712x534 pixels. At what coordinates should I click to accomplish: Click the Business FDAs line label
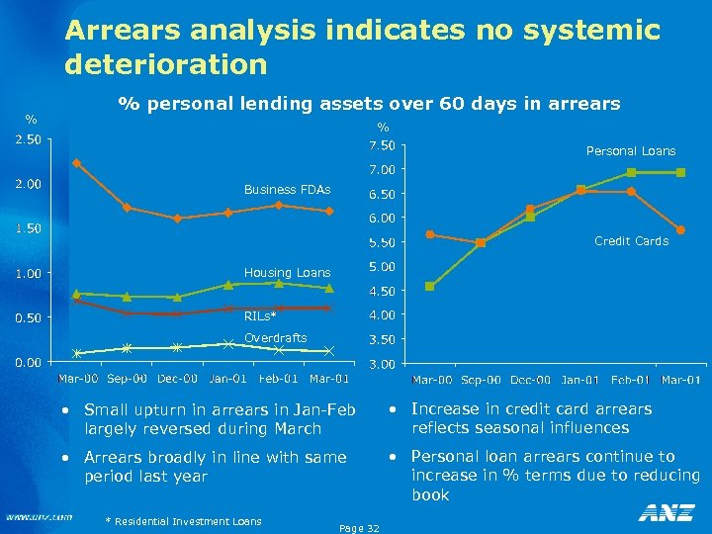[287, 190]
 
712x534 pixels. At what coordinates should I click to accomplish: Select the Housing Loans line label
[287, 272]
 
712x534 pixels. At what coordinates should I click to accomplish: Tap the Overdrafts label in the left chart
[275, 338]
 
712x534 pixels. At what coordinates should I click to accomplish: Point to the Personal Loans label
[630, 151]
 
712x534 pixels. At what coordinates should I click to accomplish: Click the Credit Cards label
[631, 241]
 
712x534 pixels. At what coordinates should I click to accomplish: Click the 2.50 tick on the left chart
[27, 139]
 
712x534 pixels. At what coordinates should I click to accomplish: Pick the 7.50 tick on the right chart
[381, 146]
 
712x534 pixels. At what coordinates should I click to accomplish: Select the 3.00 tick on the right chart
[381, 365]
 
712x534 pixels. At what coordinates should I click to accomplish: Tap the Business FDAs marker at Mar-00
[76, 163]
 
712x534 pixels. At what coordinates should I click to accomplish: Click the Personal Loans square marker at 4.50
[430, 287]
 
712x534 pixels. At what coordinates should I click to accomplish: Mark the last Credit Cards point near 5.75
[680, 230]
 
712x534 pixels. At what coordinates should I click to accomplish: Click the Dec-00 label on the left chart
[178, 379]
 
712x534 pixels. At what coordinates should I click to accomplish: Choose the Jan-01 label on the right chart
[579, 380]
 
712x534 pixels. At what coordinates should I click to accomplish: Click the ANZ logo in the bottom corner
[667, 513]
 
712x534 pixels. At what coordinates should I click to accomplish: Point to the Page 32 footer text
[357, 529]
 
